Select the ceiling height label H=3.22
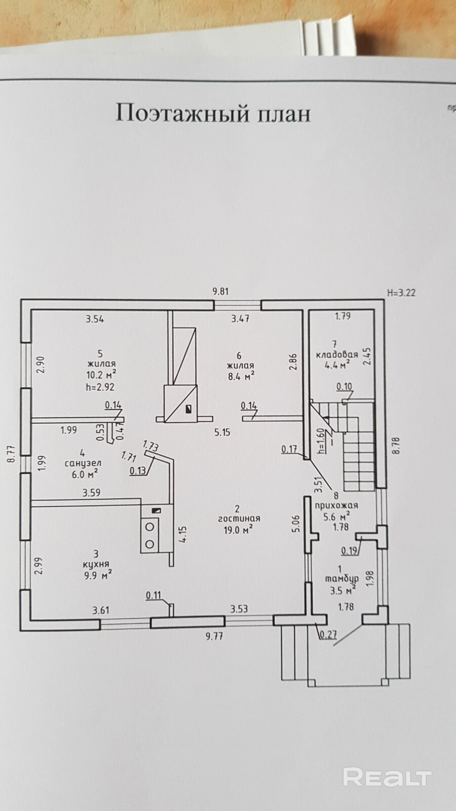coord(401,292)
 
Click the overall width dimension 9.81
coord(221,291)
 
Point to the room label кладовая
coord(336,354)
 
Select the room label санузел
coord(83,463)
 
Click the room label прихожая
coord(336,505)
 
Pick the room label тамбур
coord(342,579)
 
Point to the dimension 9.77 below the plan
coord(214,636)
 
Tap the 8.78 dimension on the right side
coord(396,445)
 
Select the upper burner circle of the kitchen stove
coord(150,527)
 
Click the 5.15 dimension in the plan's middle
coord(222,432)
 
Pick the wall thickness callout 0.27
coord(328,634)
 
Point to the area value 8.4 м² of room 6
coord(240,377)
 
